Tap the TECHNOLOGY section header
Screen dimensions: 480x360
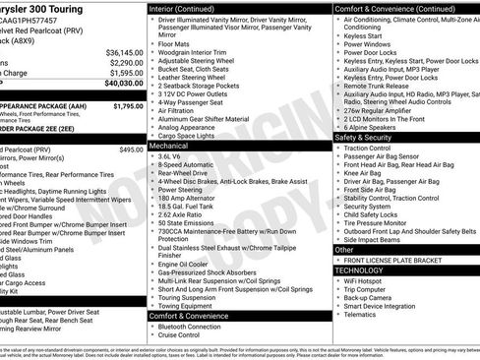359,270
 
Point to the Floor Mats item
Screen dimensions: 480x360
175,43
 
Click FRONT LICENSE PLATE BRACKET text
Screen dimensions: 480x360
394,260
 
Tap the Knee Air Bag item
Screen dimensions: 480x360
363,173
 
